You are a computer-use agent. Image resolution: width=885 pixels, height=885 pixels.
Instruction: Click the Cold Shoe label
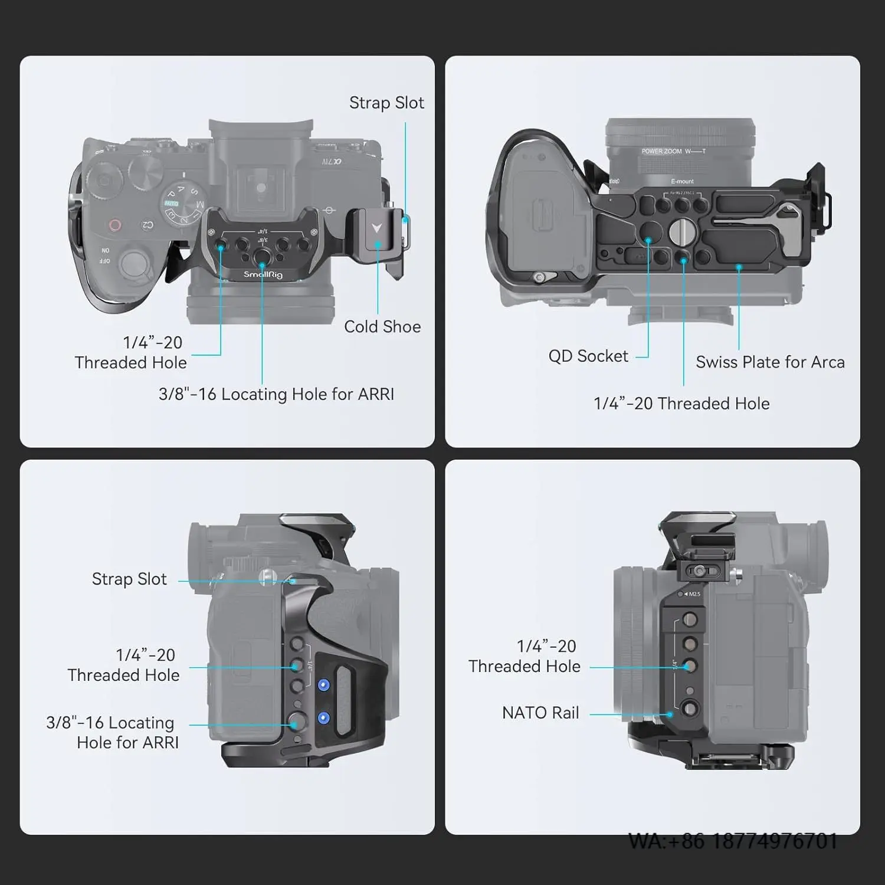tap(382, 327)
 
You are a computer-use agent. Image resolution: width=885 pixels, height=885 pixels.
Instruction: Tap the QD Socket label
tap(588, 356)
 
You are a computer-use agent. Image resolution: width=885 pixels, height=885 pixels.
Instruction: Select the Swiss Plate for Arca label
tap(770, 362)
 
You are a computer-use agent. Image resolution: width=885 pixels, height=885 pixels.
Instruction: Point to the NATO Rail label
tap(540, 713)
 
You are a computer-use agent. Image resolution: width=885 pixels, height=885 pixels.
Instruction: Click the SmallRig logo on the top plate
tap(263, 274)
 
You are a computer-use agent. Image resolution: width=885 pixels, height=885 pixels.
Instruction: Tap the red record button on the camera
tap(115, 225)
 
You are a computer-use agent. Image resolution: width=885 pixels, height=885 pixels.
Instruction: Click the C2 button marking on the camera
tap(147, 225)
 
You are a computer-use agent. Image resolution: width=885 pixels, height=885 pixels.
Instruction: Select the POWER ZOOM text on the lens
tap(661, 152)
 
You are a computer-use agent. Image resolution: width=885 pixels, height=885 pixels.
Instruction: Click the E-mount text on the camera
tap(682, 181)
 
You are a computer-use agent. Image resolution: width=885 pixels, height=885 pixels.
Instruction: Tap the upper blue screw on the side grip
tap(323, 685)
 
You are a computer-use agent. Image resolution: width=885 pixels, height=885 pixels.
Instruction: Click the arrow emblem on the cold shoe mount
tap(377, 227)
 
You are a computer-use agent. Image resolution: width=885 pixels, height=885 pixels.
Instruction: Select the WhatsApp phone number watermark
tap(733, 841)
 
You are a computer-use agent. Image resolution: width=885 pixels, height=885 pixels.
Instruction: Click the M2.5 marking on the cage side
tap(694, 594)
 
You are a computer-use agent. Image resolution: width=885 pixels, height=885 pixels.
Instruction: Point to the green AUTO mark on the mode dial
tap(171, 204)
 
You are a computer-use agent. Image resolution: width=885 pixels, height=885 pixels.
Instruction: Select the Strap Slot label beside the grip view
tap(129, 579)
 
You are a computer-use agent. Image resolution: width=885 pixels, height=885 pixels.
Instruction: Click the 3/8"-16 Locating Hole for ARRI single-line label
tap(276, 394)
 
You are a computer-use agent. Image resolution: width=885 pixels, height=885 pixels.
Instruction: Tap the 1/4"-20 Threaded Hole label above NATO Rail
tap(525, 656)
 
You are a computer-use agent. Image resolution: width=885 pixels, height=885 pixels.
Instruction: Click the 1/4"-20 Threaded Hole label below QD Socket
tap(681, 404)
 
